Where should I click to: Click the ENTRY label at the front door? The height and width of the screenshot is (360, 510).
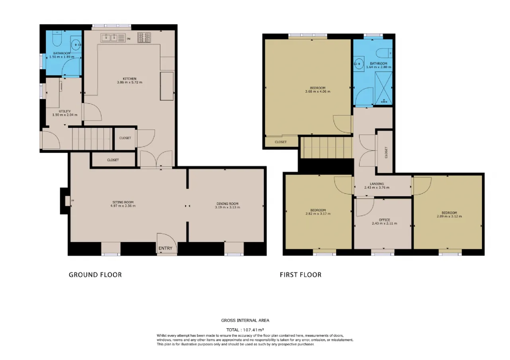[x=165, y=248]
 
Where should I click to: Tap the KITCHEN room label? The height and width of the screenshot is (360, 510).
[x=129, y=79]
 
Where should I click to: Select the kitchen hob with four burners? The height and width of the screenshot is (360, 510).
[x=144, y=37]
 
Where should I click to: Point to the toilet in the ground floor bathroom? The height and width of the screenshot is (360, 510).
[x=57, y=38]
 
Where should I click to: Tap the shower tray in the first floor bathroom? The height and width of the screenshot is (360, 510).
[x=384, y=88]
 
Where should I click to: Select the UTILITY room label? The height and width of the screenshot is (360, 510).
[x=65, y=111]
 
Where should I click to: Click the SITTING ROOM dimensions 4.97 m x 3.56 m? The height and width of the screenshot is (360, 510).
[x=123, y=206]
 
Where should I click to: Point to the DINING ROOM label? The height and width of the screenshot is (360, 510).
[x=228, y=203]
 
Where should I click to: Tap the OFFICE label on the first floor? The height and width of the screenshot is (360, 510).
[x=384, y=220]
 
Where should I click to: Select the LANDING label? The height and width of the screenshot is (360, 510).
[x=377, y=184]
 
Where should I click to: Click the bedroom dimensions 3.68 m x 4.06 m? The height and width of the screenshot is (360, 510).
[x=318, y=92]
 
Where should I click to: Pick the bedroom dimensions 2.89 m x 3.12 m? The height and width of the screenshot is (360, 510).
[x=449, y=216]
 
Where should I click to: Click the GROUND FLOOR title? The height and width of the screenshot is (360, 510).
[x=95, y=275]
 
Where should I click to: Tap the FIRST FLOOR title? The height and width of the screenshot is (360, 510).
[x=300, y=275]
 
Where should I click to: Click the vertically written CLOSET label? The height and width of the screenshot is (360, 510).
[x=386, y=152]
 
